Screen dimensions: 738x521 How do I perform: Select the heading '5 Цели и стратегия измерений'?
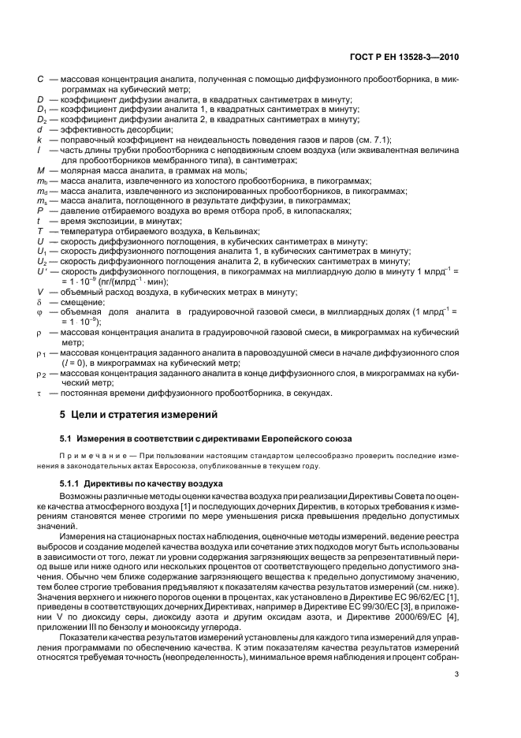pyautogui.click(x=129, y=414)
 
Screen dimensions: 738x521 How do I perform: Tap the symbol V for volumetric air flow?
pyautogui.click(x=39, y=292)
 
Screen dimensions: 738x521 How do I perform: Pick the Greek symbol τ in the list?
pyautogui.click(x=39, y=393)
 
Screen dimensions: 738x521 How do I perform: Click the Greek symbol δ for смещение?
pyautogui.click(x=39, y=302)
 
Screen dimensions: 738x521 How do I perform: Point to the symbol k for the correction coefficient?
pyautogui.click(x=39, y=140)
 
